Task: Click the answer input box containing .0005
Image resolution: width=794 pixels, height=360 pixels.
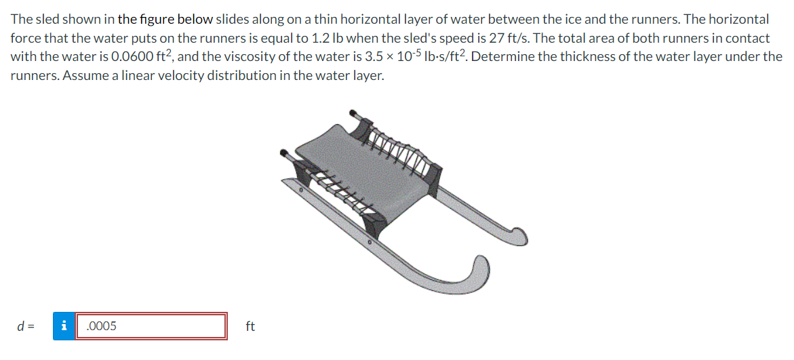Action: [151, 326]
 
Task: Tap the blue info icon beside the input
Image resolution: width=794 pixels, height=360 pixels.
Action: [64, 326]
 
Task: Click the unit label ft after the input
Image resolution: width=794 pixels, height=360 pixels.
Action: [250, 326]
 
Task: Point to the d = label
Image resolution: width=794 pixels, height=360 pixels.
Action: [24, 326]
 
